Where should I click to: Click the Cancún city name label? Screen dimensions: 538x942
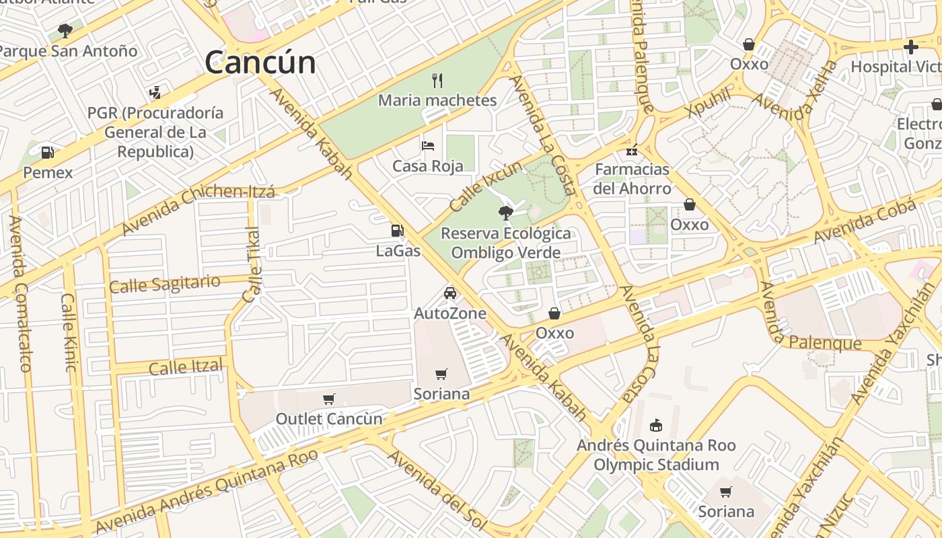(x=260, y=63)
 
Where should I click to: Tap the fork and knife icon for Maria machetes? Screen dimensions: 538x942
(x=437, y=81)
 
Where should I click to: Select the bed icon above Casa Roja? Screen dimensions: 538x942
(x=428, y=145)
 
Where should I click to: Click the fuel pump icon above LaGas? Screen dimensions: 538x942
(x=398, y=231)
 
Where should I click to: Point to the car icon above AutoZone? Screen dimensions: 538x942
(x=450, y=293)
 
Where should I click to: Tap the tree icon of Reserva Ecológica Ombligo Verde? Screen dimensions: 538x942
(x=505, y=213)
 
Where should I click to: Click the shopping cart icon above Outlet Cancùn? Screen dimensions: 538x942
(x=329, y=399)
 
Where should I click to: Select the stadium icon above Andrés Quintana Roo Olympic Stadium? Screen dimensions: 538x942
(x=656, y=425)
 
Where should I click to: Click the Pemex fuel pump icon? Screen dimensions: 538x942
(x=47, y=153)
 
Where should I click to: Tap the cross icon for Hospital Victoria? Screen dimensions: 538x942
(x=911, y=47)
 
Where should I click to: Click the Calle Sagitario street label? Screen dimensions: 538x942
(x=165, y=284)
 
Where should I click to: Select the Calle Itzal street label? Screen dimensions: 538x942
(x=186, y=367)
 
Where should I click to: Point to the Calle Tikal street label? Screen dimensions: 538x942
(x=252, y=265)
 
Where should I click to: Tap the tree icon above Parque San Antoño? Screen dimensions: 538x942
(x=65, y=30)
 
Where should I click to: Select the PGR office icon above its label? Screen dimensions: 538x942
(x=155, y=92)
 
